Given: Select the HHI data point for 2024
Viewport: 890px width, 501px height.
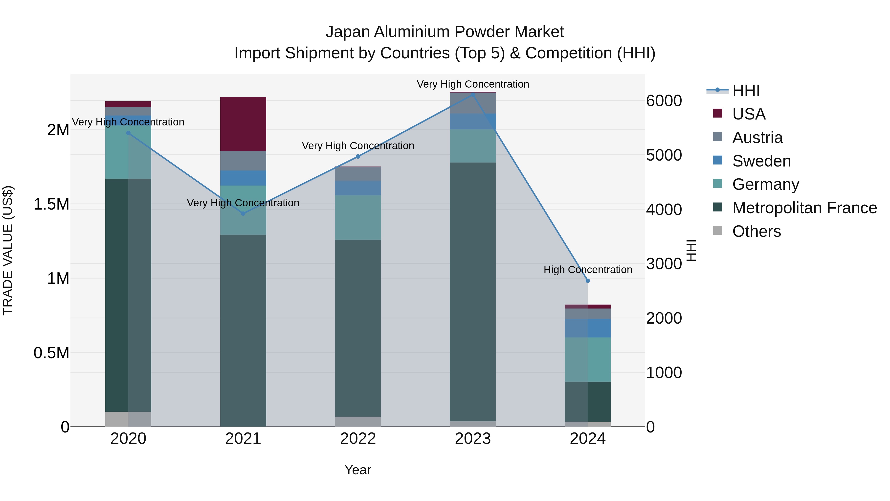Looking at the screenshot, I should click(588, 281).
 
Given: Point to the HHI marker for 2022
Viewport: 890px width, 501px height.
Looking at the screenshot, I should click(358, 157).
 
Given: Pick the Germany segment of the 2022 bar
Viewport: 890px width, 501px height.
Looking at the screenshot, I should click(358, 217).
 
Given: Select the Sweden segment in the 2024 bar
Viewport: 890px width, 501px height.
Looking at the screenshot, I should click(588, 328).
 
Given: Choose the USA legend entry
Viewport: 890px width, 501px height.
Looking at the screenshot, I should click(748, 114).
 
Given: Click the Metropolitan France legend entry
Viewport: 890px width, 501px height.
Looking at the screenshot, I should click(804, 208).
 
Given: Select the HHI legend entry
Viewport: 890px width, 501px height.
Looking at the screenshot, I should click(746, 91).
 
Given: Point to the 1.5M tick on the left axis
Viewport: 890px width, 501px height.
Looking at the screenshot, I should click(51, 204).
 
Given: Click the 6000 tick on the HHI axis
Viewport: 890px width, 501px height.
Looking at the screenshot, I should click(664, 101).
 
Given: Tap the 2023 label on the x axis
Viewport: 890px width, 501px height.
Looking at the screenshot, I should click(473, 439).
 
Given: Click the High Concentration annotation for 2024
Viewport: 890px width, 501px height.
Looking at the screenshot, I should click(588, 270).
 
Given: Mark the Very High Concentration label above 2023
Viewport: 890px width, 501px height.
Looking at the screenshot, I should click(473, 84).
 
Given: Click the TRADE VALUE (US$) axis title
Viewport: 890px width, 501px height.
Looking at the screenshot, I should click(8, 250).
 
